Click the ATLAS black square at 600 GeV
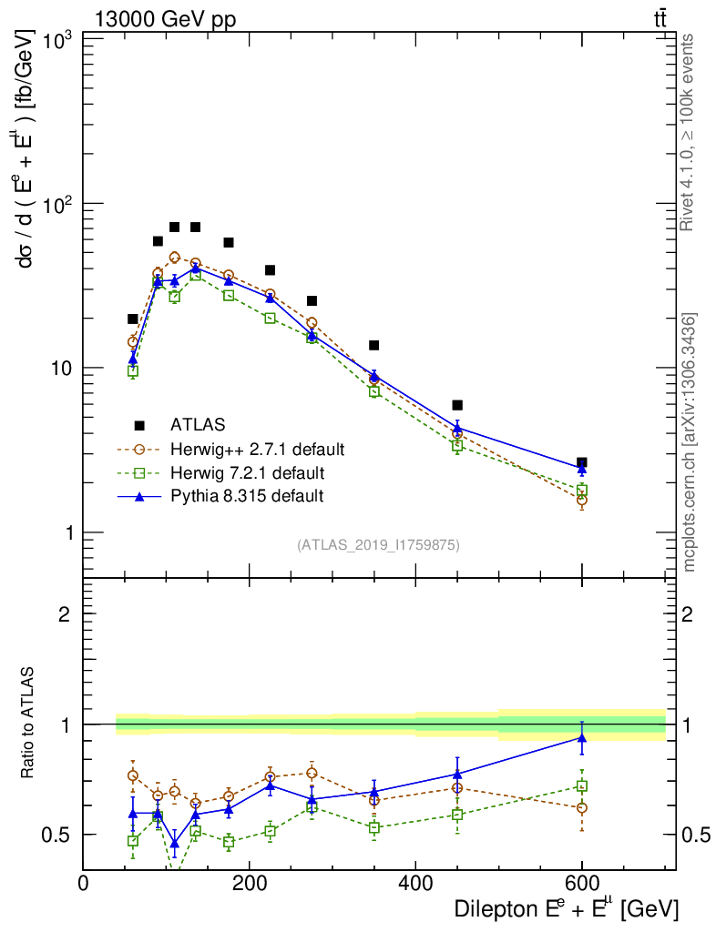pyautogui.click(x=581, y=463)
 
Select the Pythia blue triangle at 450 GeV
pyautogui.click(x=457, y=427)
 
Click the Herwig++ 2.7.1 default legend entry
pyautogui.click(x=257, y=450)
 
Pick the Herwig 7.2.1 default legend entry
pyautogui.click(x=247, y=473)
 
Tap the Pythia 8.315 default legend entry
pyautogui.click(x=247, y=496)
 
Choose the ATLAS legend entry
pyautogui.click(x=198, y=425)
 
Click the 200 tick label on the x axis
pyautogui.click(x=250, y=885)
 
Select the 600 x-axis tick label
pyautogui.click(x=581, y=885)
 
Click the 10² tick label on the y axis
pyautogui.click(x=58, y=202)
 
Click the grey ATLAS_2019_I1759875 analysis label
pyautogui.click(x=378, y=545)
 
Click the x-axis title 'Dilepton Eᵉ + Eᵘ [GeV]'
pyautogui.click(x=566, y=909)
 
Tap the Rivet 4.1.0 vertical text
pyautogui.click(x=689, y=132)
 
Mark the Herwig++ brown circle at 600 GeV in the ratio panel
pyautogui.click(x=581, y=807)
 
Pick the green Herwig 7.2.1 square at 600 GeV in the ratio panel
pyautogui.click(x=581, y=785)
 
